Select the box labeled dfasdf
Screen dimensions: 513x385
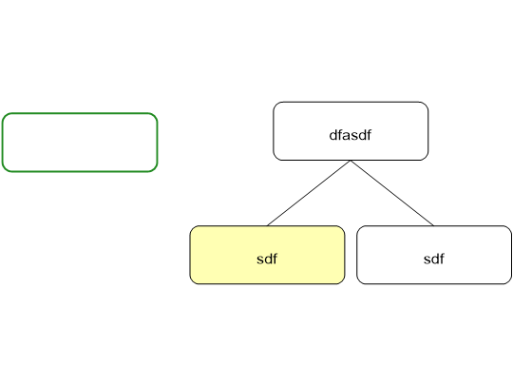(x=351, y=131)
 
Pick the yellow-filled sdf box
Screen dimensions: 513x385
(x=267, y=255)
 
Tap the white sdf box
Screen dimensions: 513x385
(x=434, y=255)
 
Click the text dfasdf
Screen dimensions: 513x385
(x=350, y=135)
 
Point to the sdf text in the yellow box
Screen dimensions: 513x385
(x=267, y=259)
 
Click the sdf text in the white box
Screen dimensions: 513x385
(x=434, y=259)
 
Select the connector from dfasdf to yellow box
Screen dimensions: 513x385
(x=309, y=193)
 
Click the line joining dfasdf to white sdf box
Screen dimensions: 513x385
(x=392, y=193)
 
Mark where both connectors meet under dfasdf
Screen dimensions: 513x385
(x=351, y=161)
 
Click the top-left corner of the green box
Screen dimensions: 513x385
(x=2, y=113)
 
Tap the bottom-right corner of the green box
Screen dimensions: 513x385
(x=158, y=171)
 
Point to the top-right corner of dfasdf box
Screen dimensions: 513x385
(x=427, y=102)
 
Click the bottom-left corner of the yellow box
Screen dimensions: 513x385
(x=190, y=284)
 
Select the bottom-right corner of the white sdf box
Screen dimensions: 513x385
(x=511, y=284)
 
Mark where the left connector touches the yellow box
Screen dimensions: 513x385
(x=267, y=225)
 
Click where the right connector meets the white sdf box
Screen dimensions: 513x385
(x=434, y=225)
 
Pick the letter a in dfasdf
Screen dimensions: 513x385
(x=347, y=136)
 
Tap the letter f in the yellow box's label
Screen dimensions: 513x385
(x=275, y=259)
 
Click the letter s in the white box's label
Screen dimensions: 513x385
(x=427, y=260)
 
